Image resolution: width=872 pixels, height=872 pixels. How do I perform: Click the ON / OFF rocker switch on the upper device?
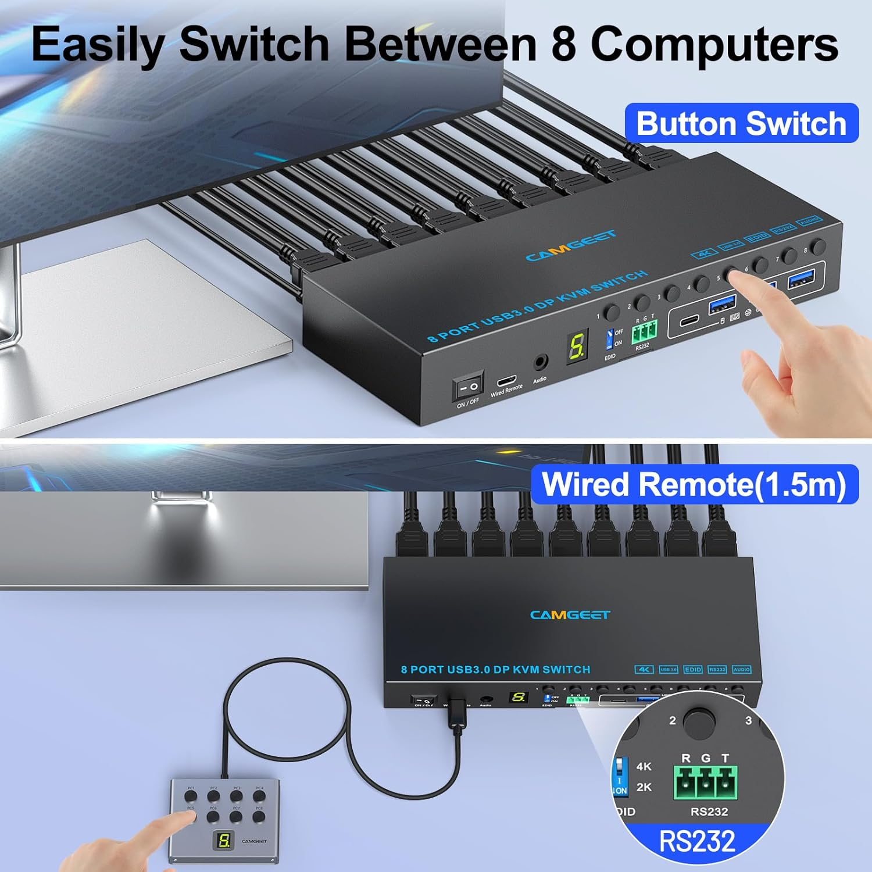coord(469,385)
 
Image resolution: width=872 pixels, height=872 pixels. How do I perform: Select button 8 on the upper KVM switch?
coord(820,246)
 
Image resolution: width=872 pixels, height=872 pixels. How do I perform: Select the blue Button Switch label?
coord(741,123)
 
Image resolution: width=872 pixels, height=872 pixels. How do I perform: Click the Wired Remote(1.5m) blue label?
coord(694,484)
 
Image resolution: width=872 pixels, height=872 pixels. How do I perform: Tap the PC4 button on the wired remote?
coord(259,796)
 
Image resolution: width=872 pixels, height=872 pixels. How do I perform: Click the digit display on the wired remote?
coord(224,840)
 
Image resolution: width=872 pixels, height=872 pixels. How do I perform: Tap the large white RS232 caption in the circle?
coord(697,841)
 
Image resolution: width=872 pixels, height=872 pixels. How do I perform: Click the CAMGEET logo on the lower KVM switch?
coord(570,614)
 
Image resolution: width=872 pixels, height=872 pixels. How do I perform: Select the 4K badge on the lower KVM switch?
coord(644,669)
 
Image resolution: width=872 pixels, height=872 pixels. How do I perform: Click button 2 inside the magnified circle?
coord(699,721)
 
